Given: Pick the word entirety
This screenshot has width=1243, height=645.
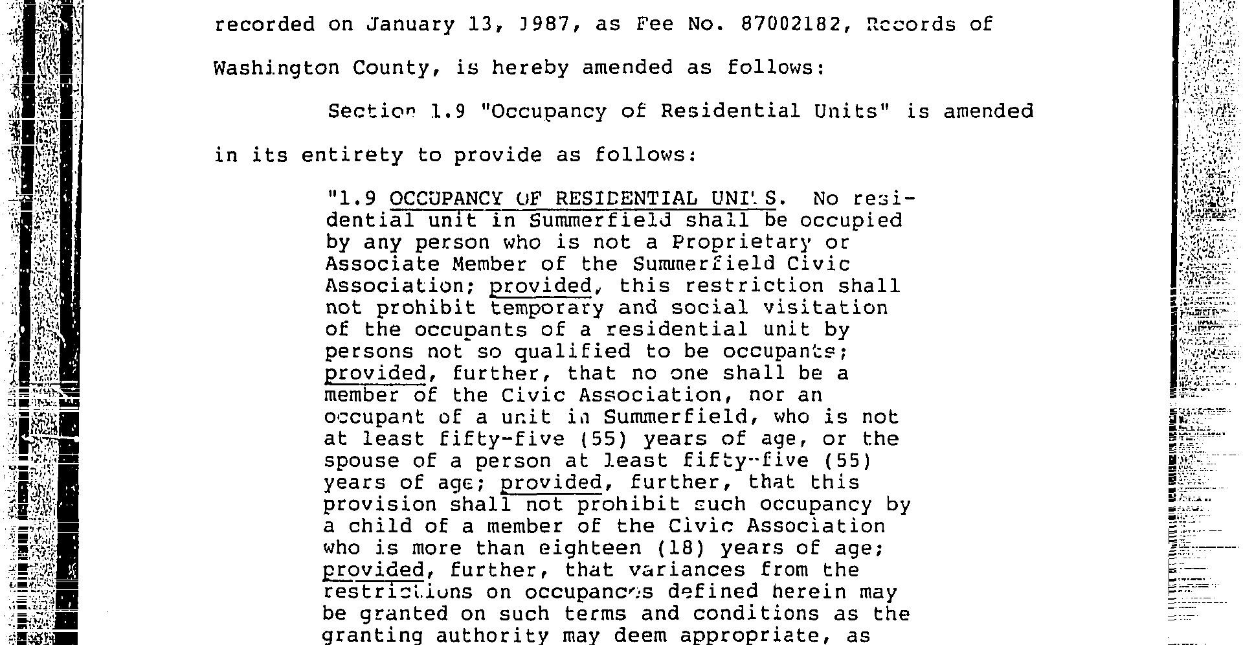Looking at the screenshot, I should pos(352,155).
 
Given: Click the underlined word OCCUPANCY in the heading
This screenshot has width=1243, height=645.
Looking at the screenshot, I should pos(446,198).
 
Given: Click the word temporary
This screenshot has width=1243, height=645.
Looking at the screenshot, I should pos(547,308).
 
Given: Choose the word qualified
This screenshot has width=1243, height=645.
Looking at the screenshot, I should pos(572,352).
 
